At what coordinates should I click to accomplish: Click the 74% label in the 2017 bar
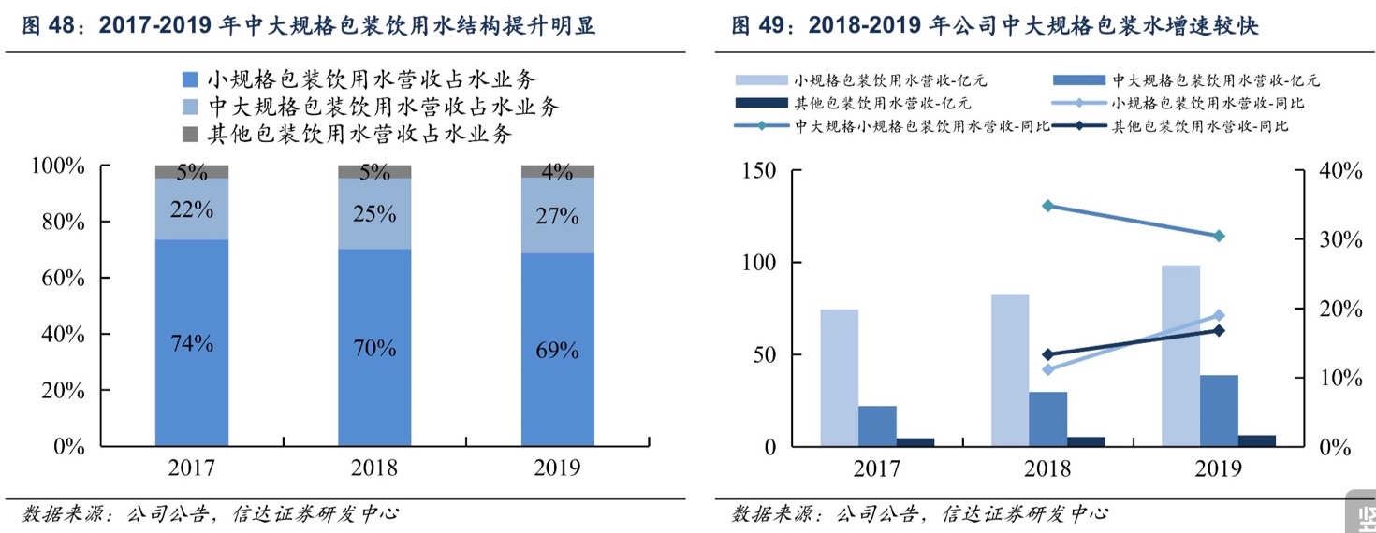pyautogui.click(x=192, y=343)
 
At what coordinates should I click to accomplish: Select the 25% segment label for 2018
pyautogui.click(x=374, y=214)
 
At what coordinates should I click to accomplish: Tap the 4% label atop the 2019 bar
pyautogui.click(x=557, y=171)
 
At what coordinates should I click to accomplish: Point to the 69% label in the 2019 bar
pyautogui.click(x=557, y=351)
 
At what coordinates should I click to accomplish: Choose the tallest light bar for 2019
pyautogui.click(x=1180, y=355)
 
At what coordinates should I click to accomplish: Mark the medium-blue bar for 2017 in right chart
pyautogui.click(x=877, y=425)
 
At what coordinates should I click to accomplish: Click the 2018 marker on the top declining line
pyautogui.click(x=1047, y=206)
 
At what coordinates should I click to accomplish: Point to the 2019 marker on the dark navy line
pyautogui.click(x=1218, y=330)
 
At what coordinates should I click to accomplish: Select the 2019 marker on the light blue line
pyautogui.click(x=1218, y=315)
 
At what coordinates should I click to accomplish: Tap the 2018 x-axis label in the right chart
pyautogui.click(x=1047, y=468)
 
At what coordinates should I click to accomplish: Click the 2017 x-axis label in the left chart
pyautogui.click(x=192, y=468)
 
